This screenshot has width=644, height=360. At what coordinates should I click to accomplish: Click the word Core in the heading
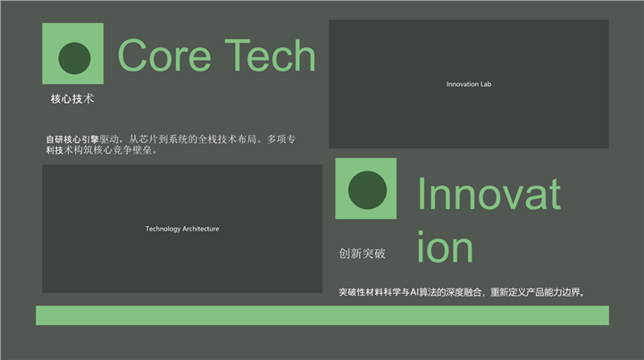[x=164, y=55]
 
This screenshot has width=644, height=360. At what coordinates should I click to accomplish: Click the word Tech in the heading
[x=270, y=55]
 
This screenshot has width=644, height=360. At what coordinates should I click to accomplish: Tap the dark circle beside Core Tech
[x=74, y=58]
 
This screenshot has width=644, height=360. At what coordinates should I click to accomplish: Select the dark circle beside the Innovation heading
[x=367, y=190]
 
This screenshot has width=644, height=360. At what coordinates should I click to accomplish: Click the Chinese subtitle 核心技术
[x=72, y=98]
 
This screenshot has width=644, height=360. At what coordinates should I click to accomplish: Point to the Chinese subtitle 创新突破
[x=363, y=254]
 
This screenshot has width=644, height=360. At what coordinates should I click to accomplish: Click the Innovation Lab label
[x=469, y=84]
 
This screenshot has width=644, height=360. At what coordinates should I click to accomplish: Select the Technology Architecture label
[x=182, y=229]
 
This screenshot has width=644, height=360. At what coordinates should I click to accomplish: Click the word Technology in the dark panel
[x=163, y=229]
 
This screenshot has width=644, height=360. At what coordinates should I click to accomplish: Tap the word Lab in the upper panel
[x=486, y=84]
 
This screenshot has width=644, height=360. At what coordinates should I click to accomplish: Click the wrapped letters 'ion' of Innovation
[x=445, y=247]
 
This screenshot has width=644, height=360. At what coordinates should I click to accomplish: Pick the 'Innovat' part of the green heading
[x=489, y=194]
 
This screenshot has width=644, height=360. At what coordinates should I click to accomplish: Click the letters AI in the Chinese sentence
[x=414, y=292]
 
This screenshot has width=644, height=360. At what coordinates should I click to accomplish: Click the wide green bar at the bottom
[x=322, y=315]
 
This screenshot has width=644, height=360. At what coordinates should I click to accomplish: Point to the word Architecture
[x=200, y=229]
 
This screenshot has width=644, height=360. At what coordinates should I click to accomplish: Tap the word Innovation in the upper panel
[x=463, y=84]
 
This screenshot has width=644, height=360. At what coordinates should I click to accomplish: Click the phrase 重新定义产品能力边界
[x=535, y=292]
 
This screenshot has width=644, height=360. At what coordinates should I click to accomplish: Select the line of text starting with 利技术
[x=102, y=150]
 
